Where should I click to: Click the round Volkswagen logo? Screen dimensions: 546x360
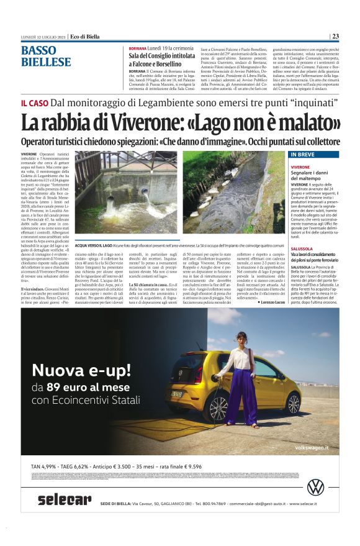tap(316, 486)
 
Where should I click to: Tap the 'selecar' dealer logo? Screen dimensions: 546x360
tap(64, 499)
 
